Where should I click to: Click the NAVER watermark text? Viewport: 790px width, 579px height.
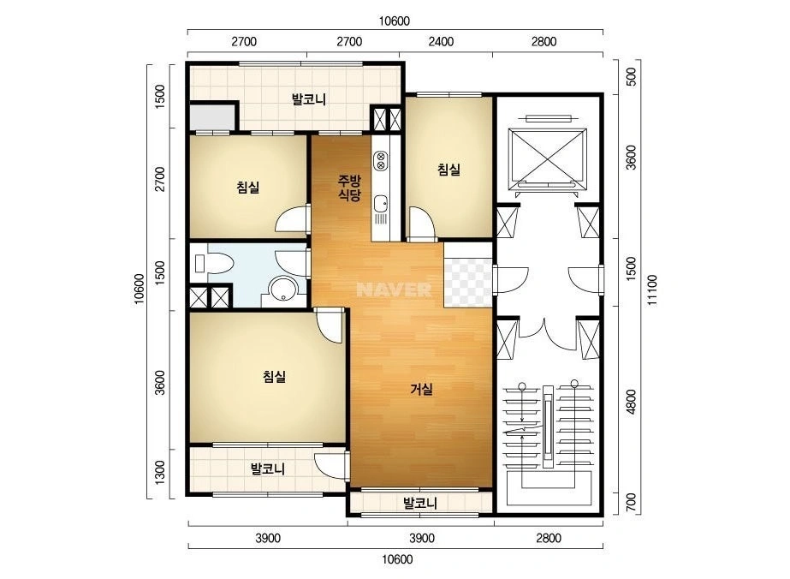(x=394, y=289)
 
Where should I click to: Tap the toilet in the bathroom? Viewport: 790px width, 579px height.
(x=214, y=263)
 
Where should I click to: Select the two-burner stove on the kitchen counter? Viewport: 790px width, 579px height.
(x=380, y=160)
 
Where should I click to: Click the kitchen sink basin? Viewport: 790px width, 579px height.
(x=380, y=204)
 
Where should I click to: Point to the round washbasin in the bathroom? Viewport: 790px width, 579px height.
(x=282, y=289)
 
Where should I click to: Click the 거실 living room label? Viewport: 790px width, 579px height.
(x=422, y=389)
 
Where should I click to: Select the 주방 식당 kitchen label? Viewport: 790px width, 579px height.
(x=349, y=188)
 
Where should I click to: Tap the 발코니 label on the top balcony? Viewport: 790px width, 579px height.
(x=309, y=99)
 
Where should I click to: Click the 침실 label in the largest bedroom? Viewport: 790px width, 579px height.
(x=275, y=376)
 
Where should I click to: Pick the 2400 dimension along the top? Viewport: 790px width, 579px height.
(x=441, y=41)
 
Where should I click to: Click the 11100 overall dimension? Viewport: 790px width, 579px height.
(x=652, y=289)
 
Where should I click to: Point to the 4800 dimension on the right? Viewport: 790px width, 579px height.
(x=631, y=402)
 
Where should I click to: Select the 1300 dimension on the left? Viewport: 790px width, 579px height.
(x=160, y=472)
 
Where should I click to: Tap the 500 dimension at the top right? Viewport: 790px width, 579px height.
(x=631, y=77)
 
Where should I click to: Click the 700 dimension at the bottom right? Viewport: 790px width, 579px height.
(x=631, y=502)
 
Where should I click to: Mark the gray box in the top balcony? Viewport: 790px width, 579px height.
(x=212, y=117)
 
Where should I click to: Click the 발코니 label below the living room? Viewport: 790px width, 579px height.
(x=420, y=503)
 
